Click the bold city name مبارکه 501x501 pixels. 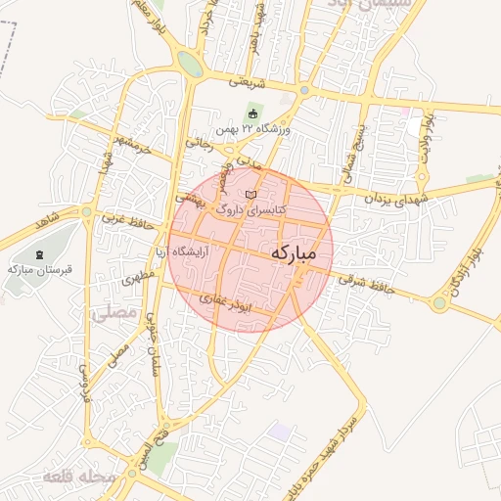[x=294, y=252]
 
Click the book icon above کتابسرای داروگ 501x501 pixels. [x=251, y=194]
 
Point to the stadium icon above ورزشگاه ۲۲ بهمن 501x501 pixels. [x=252, y=114]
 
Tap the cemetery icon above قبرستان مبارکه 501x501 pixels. [x=38, y=254]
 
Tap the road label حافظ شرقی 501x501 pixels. [x=366, y=283]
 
